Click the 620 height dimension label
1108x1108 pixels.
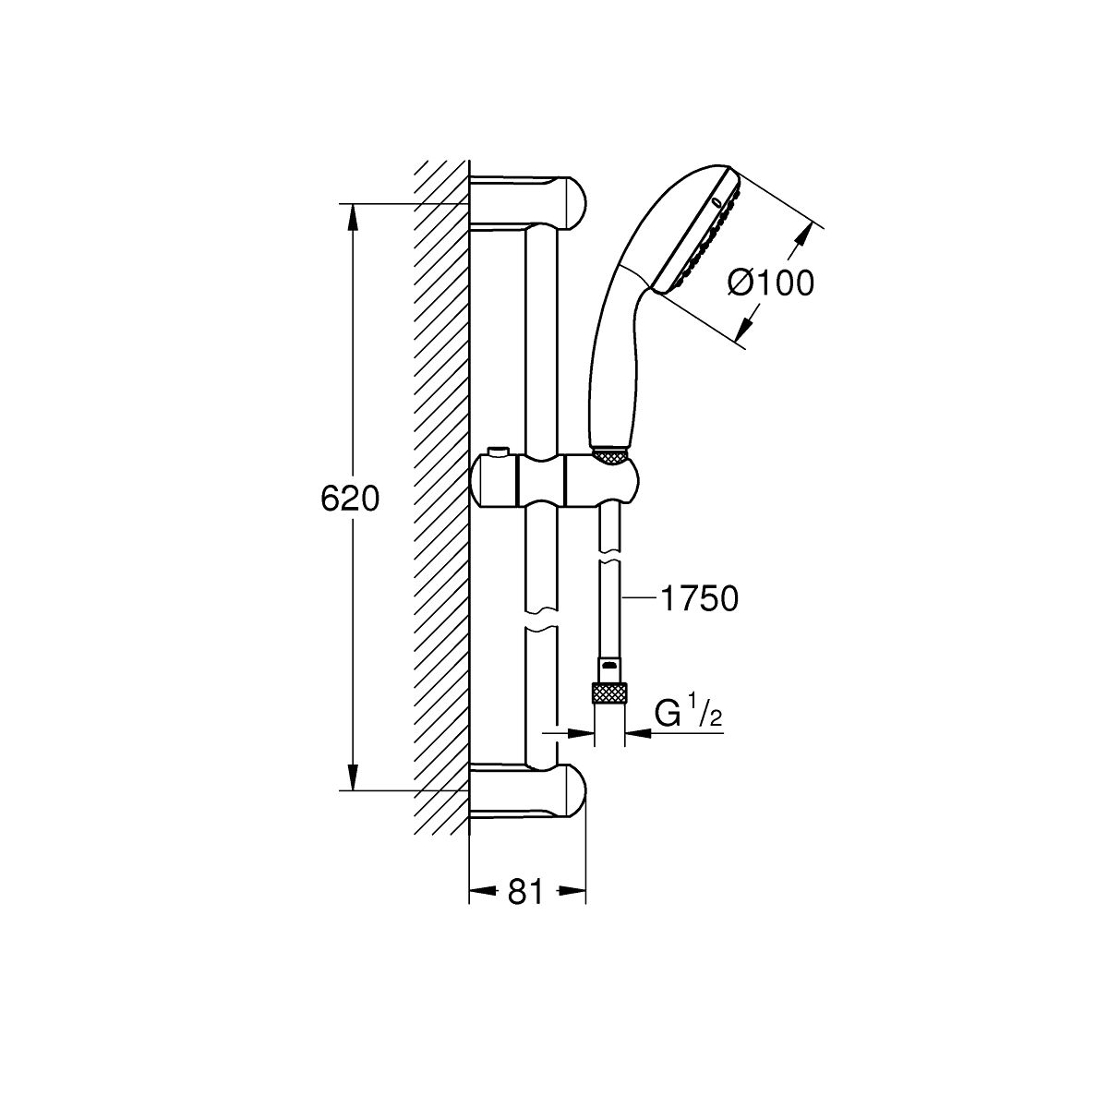pos(350,499)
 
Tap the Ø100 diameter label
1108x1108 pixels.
pos(771,283)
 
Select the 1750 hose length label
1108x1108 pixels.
pos(699,599)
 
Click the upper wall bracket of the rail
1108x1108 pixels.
pos(527,203)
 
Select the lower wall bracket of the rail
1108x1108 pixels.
pos(527,791)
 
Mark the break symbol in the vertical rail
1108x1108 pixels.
pos(541,621)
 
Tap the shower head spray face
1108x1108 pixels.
pos(699,233)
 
